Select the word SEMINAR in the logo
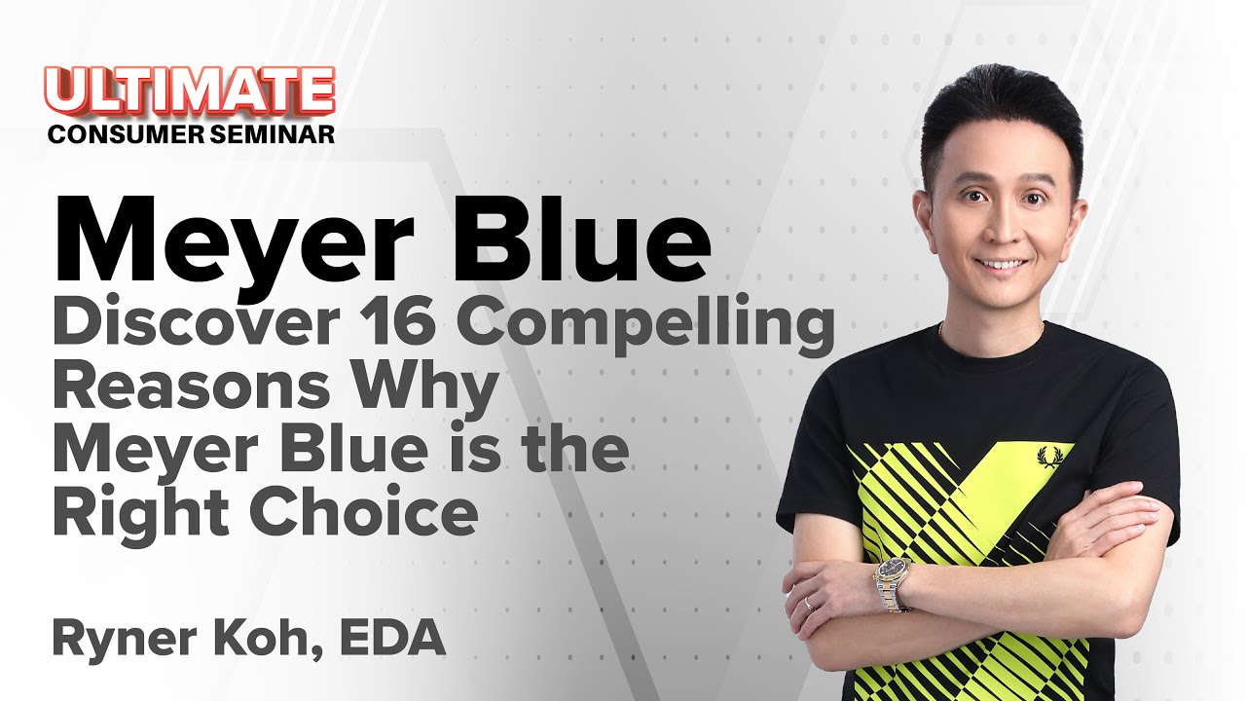(273, 133)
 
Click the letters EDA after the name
(400, 639)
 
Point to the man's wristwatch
(892, 581)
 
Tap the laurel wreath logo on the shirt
(1050, 456)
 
